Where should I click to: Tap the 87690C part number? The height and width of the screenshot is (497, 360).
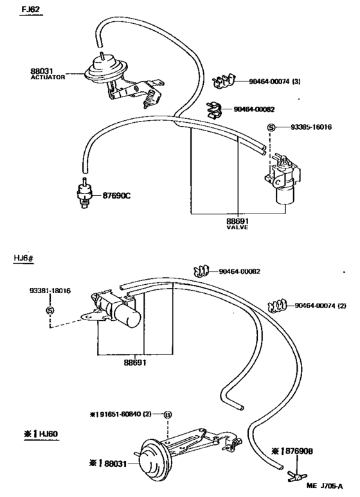[x=116, y=195]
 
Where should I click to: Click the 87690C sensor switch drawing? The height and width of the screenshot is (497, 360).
[x=83, y=193]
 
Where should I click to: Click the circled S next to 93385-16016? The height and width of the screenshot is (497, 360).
[x=271, y=128]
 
